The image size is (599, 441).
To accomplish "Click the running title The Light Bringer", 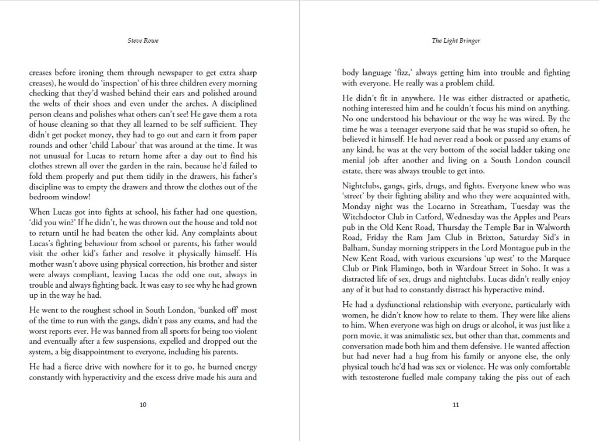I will coord(455,41).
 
